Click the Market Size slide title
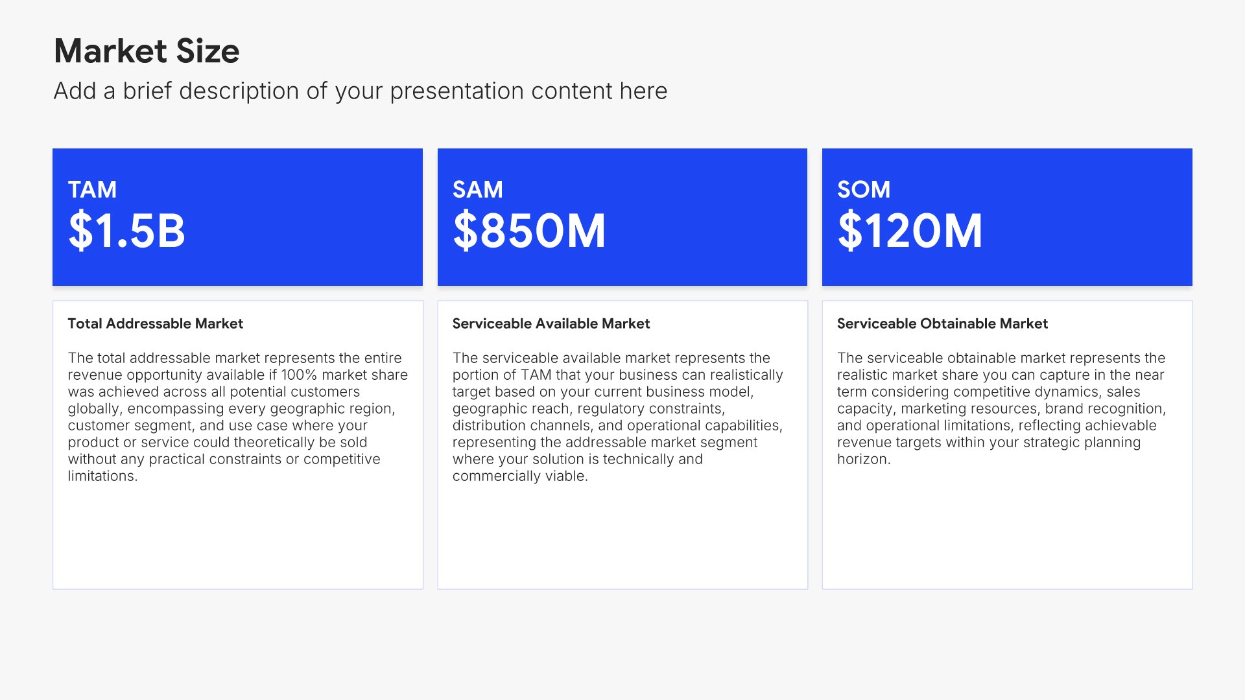pyautogui.click(x=147, y=51)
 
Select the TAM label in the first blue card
pyautogui.click(x=92, y=189)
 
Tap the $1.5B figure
pyautogui.click(x=126, y=231)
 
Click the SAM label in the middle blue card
pyautogui.click(x=477, y=189)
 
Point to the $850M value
pyautogui.click(x=529, y=231)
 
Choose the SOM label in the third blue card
pyautogui.click(x=864, y=189)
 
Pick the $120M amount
pyautogui.click(x=910, y=231)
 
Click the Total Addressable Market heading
pyautogui.click(x=156, y=323)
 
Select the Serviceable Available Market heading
pyautogui.click(x=551, y=323)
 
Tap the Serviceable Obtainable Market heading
pyautogui.click(x=942, y=323)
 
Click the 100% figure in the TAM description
pyautogui.click(x=299, y=375)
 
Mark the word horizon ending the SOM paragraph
pyautogui.click(x=864, y=460)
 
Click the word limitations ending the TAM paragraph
pyautogui.click(x=102, y=476)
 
